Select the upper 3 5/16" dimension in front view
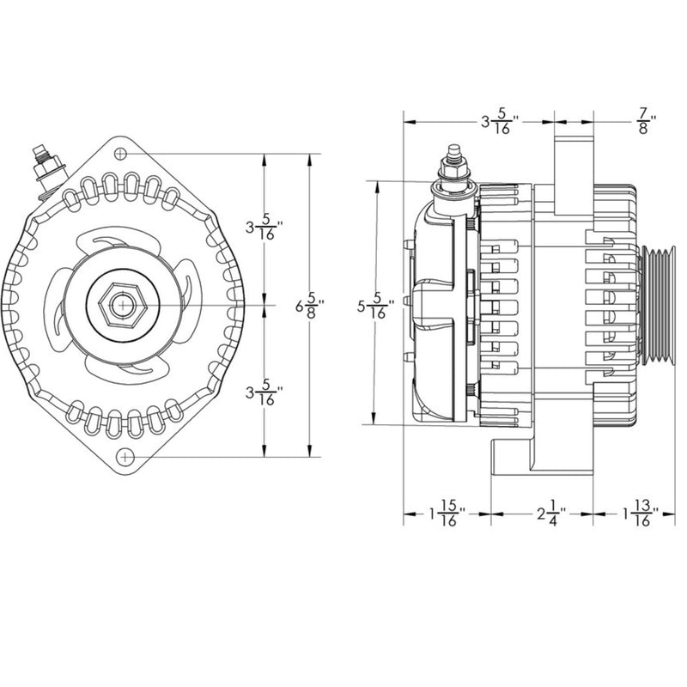point(263,228)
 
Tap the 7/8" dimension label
point(645,121)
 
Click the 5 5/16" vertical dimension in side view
point(375,305)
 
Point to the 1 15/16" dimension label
point(446,515)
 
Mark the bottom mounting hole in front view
point(126,454)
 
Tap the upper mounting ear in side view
point(573,172)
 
